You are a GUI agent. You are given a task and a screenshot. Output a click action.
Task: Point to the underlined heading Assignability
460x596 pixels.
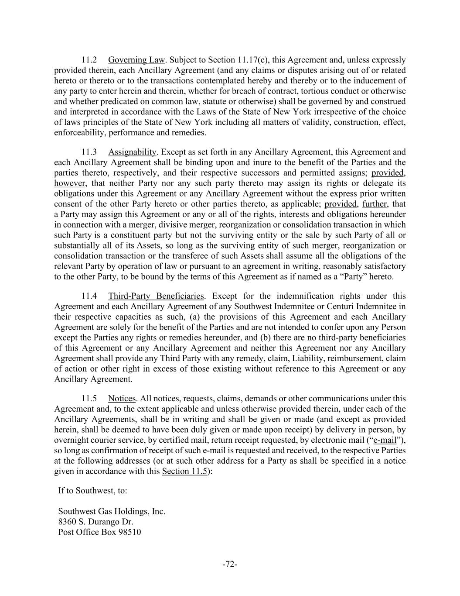132,152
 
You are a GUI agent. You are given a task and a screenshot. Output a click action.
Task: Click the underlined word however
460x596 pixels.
69,183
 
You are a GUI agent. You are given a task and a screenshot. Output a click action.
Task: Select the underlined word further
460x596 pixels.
375,204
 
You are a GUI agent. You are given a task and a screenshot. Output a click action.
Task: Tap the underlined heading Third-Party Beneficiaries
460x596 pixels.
156,296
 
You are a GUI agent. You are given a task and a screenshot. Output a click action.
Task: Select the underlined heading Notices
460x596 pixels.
122,399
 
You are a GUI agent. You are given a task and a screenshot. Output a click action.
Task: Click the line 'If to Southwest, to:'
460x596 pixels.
93,490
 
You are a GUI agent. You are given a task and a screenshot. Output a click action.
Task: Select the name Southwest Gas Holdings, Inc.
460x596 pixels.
112,511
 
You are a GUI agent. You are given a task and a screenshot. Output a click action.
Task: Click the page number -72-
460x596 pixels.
230,565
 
